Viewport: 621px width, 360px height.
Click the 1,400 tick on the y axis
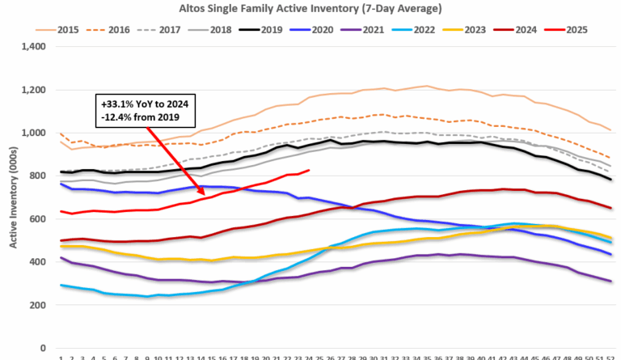coord(38,47)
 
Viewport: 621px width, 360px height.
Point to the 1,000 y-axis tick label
coord(38,133)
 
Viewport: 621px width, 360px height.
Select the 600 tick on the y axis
coord(42,219)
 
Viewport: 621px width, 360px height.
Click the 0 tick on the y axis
coord(49,349)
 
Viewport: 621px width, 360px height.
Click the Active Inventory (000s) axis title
coord(14,197)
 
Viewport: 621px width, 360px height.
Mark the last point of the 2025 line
coord(310,170)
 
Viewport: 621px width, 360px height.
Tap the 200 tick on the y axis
coord(42,306)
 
